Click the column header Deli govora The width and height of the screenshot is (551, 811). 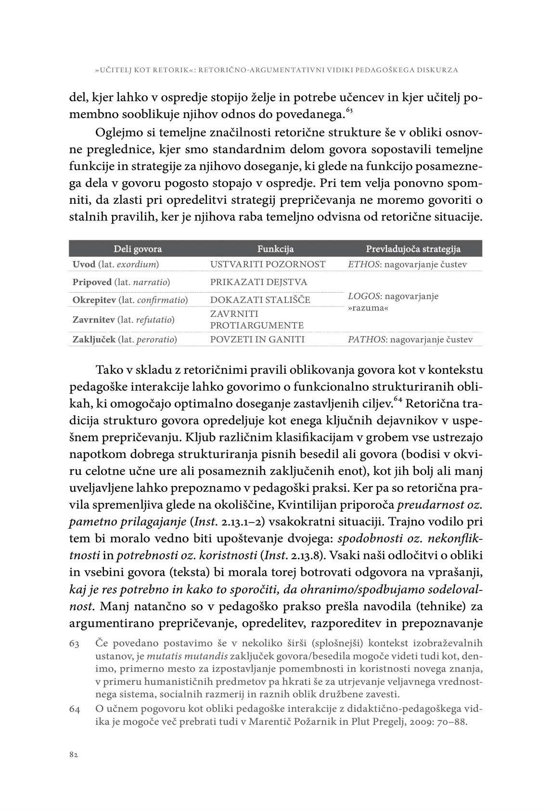point(138,249)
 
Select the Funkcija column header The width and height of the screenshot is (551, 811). point(275,249)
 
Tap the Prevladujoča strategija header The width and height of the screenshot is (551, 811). point(413,249)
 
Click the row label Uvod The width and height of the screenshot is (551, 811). point(84,264)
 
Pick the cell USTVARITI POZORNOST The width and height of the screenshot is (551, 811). point(268,264)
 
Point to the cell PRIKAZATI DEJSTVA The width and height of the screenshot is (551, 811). point(258,282)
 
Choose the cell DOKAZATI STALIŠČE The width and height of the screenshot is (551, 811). point(260,300)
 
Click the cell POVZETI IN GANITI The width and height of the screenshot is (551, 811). point(257,340)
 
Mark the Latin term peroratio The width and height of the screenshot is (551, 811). point(157,340)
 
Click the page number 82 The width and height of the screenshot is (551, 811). point(73,755)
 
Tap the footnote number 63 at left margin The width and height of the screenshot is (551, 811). point(75,643)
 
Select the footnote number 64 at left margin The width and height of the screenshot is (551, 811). point(75,709)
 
